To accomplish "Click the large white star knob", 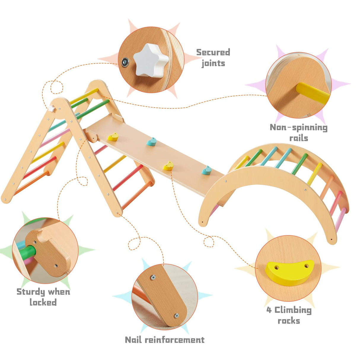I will [151, 60].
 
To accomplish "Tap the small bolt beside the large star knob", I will [125, 62].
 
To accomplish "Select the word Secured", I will [213, 52].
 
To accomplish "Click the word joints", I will [213, 63].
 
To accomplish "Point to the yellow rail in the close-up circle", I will [312, 93].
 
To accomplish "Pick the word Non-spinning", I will [299, 128].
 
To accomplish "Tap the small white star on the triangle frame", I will [52, 109].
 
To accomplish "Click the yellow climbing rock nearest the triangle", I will [113, 137].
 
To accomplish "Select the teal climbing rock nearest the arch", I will [206, 170].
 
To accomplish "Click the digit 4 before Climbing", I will [269, 310].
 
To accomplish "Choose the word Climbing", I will [293, 310].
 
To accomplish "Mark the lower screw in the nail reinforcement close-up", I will [176, 316].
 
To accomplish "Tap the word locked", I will [43, 302].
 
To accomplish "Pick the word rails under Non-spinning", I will [299, 138].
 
